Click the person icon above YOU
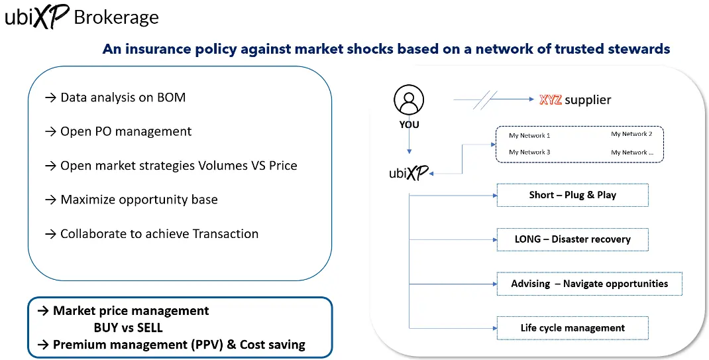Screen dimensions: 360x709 (409, 101)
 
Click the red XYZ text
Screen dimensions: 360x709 (551, 100)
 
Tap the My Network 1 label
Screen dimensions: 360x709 (529, 135)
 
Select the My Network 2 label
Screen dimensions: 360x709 (631, 134)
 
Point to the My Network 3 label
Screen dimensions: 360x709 (529, 152)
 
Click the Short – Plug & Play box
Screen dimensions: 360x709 (572, 195)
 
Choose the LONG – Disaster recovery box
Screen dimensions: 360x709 (572, 239)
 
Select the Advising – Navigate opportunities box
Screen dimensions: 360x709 (589, 284)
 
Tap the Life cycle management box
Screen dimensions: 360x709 (572, 328)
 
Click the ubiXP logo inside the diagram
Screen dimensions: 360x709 (408, 174)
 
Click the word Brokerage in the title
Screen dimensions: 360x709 (117, 17)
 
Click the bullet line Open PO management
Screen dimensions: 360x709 (119, 131)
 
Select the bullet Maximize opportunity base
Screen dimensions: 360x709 (131, 200)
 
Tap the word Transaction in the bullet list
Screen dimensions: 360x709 (225, 233)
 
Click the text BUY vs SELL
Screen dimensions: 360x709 (128, 328)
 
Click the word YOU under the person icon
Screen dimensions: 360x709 (409, 125)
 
